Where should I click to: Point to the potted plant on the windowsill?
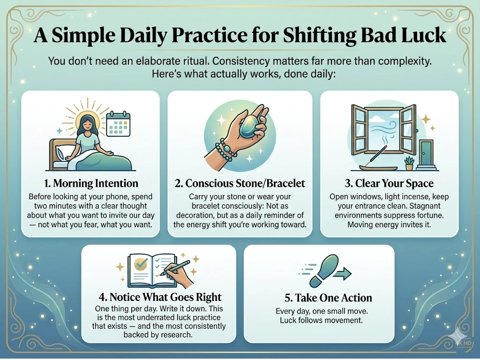click(409, 162)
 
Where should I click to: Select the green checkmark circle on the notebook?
click(140, 265)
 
